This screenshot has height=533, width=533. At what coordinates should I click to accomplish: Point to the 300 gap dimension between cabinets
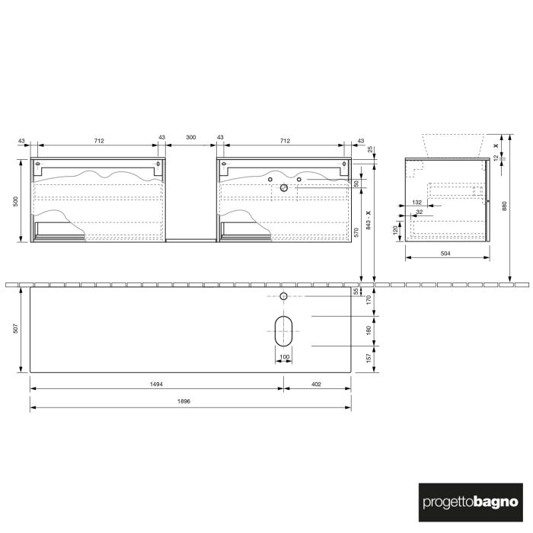[x=190, y=137]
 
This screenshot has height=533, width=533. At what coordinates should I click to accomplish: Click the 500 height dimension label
[x=15, y=201]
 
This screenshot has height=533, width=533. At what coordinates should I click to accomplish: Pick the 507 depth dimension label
[x=15, y=330]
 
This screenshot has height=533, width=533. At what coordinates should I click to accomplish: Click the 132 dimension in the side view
[x=417, y=202]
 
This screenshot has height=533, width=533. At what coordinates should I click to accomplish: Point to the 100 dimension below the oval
[x=285, y=356]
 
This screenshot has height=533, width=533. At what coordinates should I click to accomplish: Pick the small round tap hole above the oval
[x=283, y=295]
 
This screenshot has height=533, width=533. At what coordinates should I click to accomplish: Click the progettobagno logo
[x=471, y=502]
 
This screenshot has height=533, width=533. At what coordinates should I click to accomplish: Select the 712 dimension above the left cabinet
[x=99, y=141]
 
